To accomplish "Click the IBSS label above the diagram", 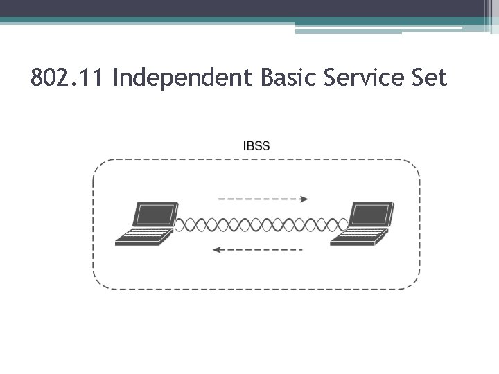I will tap(256, 145).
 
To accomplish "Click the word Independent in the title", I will tap(183, 78).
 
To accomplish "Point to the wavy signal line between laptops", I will tap(261, 224).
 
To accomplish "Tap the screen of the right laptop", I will tap(371, 216).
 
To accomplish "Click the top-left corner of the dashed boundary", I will tap(97, 164).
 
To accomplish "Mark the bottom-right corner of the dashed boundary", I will tap(416, 284).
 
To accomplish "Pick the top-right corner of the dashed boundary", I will tap(416, 164).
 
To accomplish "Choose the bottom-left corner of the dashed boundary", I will tap(97, 284).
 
